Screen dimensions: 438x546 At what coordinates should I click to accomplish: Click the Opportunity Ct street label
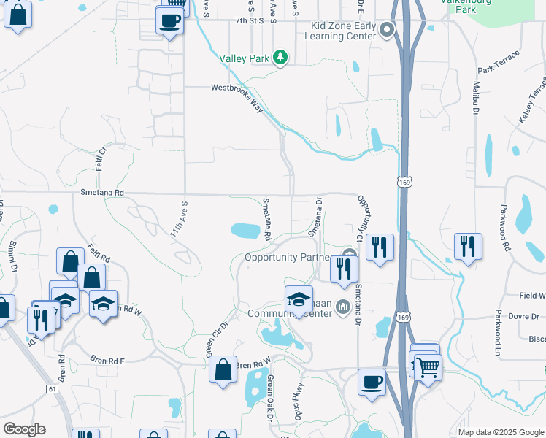(361, 217)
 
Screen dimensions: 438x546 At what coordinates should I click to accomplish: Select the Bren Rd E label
(107, 361)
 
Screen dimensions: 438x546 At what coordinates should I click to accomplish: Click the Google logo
(24, 429)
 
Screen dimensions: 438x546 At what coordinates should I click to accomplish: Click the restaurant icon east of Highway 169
(467, 247)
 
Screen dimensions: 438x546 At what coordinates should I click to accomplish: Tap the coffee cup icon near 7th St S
(169, 21)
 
